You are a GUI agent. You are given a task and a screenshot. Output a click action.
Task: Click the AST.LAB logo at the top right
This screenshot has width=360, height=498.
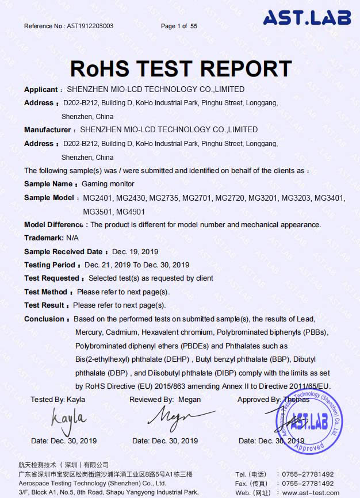tap(307, 18)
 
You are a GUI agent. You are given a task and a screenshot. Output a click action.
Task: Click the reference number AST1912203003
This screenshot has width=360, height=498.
tap(90, 26)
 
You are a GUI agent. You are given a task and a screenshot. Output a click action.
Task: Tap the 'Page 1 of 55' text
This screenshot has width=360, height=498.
tap(179, 26)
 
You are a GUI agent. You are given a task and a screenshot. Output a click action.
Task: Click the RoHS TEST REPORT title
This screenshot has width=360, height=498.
tap(181, 68)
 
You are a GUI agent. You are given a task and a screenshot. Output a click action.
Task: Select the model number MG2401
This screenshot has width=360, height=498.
tap(98, 198)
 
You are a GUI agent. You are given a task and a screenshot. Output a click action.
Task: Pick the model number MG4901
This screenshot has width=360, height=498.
tap(131, 211)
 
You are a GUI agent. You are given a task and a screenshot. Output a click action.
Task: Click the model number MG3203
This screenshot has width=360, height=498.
tap(295, 198)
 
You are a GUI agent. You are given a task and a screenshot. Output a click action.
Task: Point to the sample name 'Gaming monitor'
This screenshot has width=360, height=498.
tap(108, 184)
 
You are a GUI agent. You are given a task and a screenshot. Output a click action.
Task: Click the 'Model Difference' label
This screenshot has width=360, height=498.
tap(53, 224)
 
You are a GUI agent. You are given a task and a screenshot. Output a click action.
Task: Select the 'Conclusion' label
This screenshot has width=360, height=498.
tap(44, 319)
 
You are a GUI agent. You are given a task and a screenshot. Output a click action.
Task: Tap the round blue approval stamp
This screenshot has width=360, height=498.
tap(305, 419)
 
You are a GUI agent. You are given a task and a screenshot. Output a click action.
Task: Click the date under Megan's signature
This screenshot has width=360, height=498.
tap(165, 441)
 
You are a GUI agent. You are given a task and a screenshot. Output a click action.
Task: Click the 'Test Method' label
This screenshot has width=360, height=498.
tap(46, 292)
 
